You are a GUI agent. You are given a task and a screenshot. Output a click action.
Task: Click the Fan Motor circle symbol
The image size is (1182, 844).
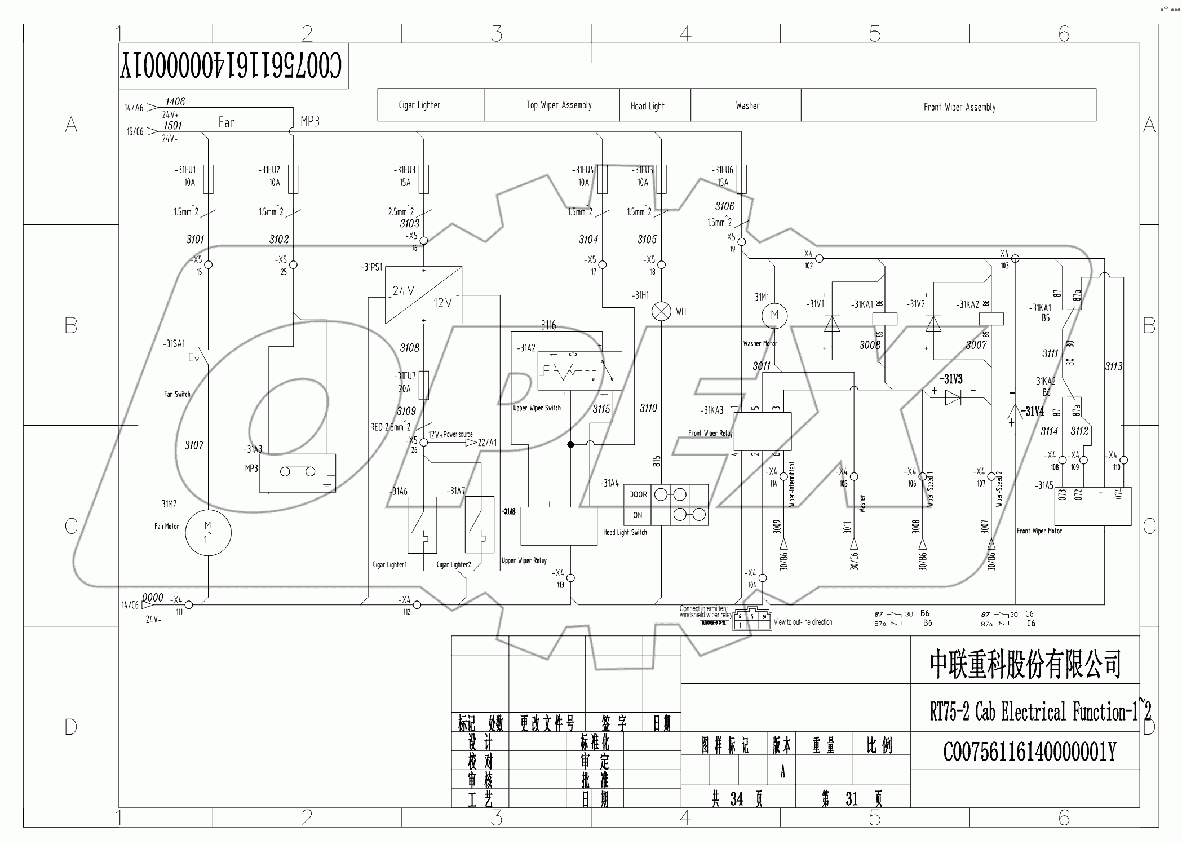point(208,532)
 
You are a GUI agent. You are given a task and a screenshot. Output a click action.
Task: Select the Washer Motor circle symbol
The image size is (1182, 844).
point(774,315)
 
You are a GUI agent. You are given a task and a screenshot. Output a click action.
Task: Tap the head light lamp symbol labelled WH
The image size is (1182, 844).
point(661,311)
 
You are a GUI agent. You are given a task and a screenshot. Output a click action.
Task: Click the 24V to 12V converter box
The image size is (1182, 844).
point(423,295)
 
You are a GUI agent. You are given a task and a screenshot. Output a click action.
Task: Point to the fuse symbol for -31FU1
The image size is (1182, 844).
point(209,179)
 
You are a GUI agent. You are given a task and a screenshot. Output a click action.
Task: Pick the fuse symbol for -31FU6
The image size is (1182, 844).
point(741,179)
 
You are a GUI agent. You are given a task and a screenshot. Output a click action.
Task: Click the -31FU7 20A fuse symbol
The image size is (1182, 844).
point(424,385)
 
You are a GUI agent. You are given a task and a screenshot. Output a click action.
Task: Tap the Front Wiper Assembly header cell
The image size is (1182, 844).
point(959,107)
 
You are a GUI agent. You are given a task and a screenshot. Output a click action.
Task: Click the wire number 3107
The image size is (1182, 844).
point(194,445)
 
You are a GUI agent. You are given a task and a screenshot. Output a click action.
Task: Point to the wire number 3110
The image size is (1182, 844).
point(648,408)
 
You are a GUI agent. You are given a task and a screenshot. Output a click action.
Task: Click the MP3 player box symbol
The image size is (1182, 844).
point(297,472)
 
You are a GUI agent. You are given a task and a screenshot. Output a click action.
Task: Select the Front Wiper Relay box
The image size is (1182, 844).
point(763,431)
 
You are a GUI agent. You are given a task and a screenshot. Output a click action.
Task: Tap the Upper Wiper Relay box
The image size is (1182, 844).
point(559,526)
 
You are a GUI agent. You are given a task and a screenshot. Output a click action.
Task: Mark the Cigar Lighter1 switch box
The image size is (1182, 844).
point(422,525)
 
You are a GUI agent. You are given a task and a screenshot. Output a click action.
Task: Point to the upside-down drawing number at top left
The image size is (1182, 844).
point(231,67)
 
